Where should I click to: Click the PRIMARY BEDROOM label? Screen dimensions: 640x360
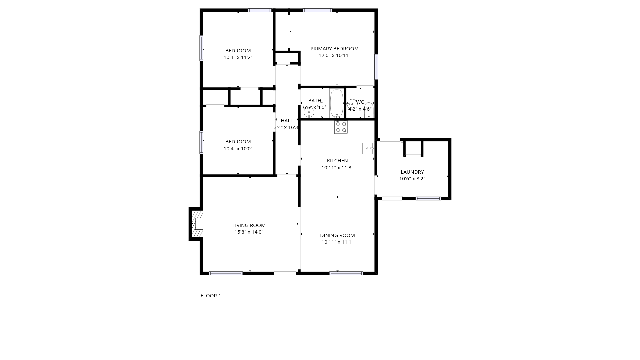point(334,49)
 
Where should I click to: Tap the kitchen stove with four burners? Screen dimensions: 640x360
point(341,127)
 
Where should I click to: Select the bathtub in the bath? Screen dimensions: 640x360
point(337,103)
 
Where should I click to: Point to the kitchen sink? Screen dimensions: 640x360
point(368,148)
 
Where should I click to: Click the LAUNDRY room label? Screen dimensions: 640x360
point(412,172)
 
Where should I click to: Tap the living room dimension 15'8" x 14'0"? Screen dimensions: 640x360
point(249,232)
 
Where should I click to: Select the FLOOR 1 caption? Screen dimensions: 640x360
point(211,296)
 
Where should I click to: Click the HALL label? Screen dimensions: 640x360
point(287,121)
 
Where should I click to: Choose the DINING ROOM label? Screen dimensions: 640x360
point(337,235)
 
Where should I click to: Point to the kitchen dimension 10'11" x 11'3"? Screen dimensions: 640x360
point(337,168)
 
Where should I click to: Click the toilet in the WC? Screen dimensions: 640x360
point(368,110)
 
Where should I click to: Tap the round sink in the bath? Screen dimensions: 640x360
point(309,113)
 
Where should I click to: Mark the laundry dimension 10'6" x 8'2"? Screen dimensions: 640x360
point(412,179)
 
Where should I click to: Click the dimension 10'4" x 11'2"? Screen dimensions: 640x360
point(238,57)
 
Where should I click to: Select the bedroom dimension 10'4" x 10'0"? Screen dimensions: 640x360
point(238,149)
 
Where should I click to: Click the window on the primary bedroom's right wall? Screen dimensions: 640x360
point(376,67)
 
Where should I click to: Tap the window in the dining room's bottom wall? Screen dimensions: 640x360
point(346,273)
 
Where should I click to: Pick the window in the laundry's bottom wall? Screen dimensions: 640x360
point(428,198)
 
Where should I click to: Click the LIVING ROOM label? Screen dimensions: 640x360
point(249,225)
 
